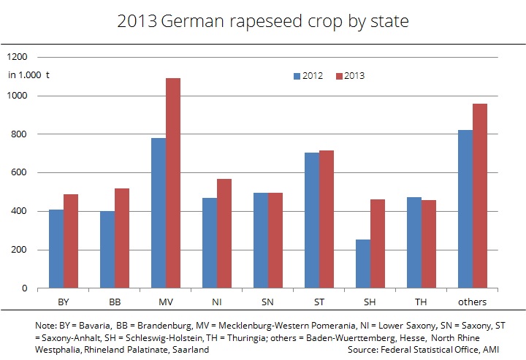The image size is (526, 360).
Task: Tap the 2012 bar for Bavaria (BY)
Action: pos(56,248)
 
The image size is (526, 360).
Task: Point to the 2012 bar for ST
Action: pos(312,220)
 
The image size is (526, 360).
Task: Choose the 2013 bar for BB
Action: pos(122,238)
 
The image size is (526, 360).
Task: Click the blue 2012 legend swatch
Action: pos(297,76)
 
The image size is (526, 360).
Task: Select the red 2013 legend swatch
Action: pos(339,76)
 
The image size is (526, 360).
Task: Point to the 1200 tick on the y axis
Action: pos(17,57)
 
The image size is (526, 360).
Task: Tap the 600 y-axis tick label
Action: pos(19,173)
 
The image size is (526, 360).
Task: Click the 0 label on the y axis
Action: pos(24,288)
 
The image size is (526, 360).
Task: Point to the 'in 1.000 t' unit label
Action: pos(28,74)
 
